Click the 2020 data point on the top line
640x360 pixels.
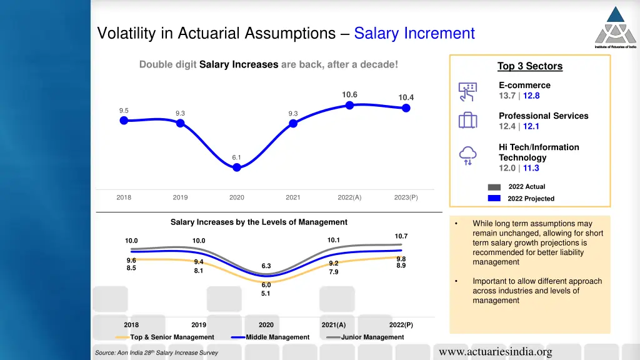(x=237, y=167)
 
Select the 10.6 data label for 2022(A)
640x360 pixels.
(x=349, y=94)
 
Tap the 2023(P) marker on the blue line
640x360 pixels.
(x=406, y=108)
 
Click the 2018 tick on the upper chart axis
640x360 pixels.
(x=124, y=197)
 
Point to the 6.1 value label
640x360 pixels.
(x=237, y=157)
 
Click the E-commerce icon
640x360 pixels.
(x=467, y=91)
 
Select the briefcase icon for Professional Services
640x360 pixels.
(x=467, y=121)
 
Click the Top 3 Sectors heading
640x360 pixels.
(x=529, y=66)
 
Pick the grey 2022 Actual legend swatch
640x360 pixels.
(x=494, y=187)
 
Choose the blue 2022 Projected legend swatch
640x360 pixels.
(x=494, y=198)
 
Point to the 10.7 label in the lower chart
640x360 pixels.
(x=401, y=236)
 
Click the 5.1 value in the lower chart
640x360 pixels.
(x=266, y=294)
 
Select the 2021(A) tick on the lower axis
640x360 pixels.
(x=333, y=325)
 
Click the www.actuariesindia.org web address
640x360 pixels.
(x=496, y=352)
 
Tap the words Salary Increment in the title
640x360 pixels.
(x=414, y=33)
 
